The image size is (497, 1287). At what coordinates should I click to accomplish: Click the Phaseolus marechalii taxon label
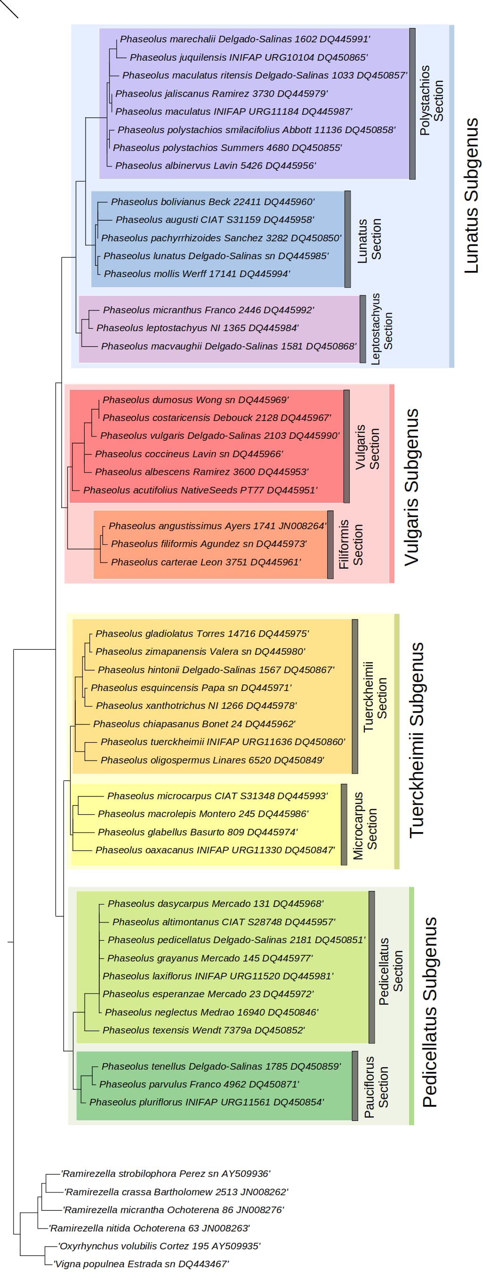click(245, 39)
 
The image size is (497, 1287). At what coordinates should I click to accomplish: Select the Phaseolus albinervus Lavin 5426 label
click(216, 166)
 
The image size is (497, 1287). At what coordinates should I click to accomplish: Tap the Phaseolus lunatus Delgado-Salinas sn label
click(216, 256)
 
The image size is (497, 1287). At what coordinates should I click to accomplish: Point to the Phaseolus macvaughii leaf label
click(229, 346)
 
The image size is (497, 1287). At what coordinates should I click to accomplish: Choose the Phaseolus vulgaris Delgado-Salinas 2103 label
click(220, 436)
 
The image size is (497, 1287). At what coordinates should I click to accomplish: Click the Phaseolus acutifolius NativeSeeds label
click(200, 490)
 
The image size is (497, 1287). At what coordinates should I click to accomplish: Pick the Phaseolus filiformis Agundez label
click(209, 544)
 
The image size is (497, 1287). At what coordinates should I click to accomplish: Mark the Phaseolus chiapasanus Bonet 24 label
click(194, 724)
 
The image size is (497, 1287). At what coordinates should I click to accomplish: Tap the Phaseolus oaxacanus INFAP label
click(216, 850)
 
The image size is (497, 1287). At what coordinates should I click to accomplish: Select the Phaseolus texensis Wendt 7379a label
click(203, 1030)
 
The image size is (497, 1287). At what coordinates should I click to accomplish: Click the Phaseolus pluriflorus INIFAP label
click(207, 1102)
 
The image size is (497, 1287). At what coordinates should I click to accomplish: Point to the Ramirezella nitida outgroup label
click(149, 1228)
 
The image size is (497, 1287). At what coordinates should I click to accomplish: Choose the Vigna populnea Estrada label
click(141, 1264)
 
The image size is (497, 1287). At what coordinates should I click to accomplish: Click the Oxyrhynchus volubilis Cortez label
click(159, 1246)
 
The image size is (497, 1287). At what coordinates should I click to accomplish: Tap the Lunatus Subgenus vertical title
click(472, 196)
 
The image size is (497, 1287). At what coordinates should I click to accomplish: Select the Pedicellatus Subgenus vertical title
click(430, 1012)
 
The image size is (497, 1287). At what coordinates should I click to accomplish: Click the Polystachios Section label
click(432, 100)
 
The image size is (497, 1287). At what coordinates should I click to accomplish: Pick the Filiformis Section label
click(351, 545)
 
